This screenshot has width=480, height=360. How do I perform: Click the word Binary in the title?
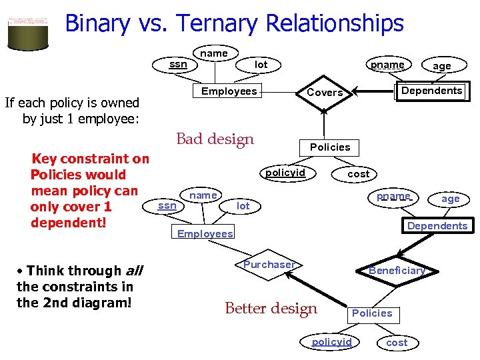coord(97,24)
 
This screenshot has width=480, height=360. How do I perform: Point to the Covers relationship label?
coord(325,93)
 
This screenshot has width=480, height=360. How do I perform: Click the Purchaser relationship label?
coord(269,265)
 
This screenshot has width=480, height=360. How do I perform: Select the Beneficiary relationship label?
coord(397,270)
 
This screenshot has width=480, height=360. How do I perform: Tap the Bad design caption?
coord(215,139)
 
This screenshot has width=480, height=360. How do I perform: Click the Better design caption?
coord(271,309)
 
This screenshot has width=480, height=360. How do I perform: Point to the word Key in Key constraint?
coord(45,159)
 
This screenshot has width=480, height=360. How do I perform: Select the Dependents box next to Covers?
coord(431,91)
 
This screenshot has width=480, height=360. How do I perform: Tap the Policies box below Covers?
coord(329,147)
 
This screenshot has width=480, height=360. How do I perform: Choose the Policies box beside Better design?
coord(372,313)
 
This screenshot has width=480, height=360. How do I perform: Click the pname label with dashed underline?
coord(393,197)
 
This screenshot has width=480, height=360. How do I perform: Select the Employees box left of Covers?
coord(229,91)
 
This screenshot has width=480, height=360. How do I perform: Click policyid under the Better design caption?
coord(331,342)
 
